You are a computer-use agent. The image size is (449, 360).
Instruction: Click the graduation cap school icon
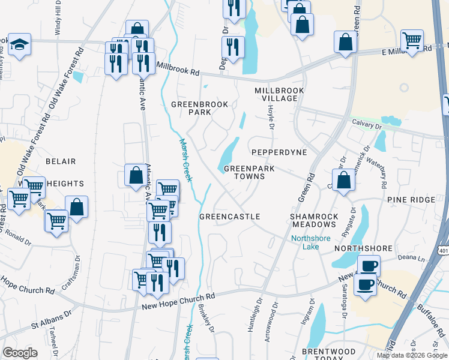click(x=20, y=44)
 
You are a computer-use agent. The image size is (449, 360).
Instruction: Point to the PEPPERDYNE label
click(x=279, y=153)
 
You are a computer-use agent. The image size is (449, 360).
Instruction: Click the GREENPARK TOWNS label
click(x=249, y=173)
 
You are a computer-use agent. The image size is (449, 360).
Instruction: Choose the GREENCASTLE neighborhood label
click(x=229, y=217)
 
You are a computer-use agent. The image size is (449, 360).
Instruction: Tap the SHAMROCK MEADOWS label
click(x=314, y=220)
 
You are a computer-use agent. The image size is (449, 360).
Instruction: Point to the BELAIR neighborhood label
click(x=60, y=161)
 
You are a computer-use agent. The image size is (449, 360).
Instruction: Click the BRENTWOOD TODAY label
click(x=329, y=355)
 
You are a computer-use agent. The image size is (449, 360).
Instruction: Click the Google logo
click(x=20, y=353)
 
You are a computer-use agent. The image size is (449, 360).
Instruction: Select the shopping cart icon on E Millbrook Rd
click(x=412, y=41)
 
